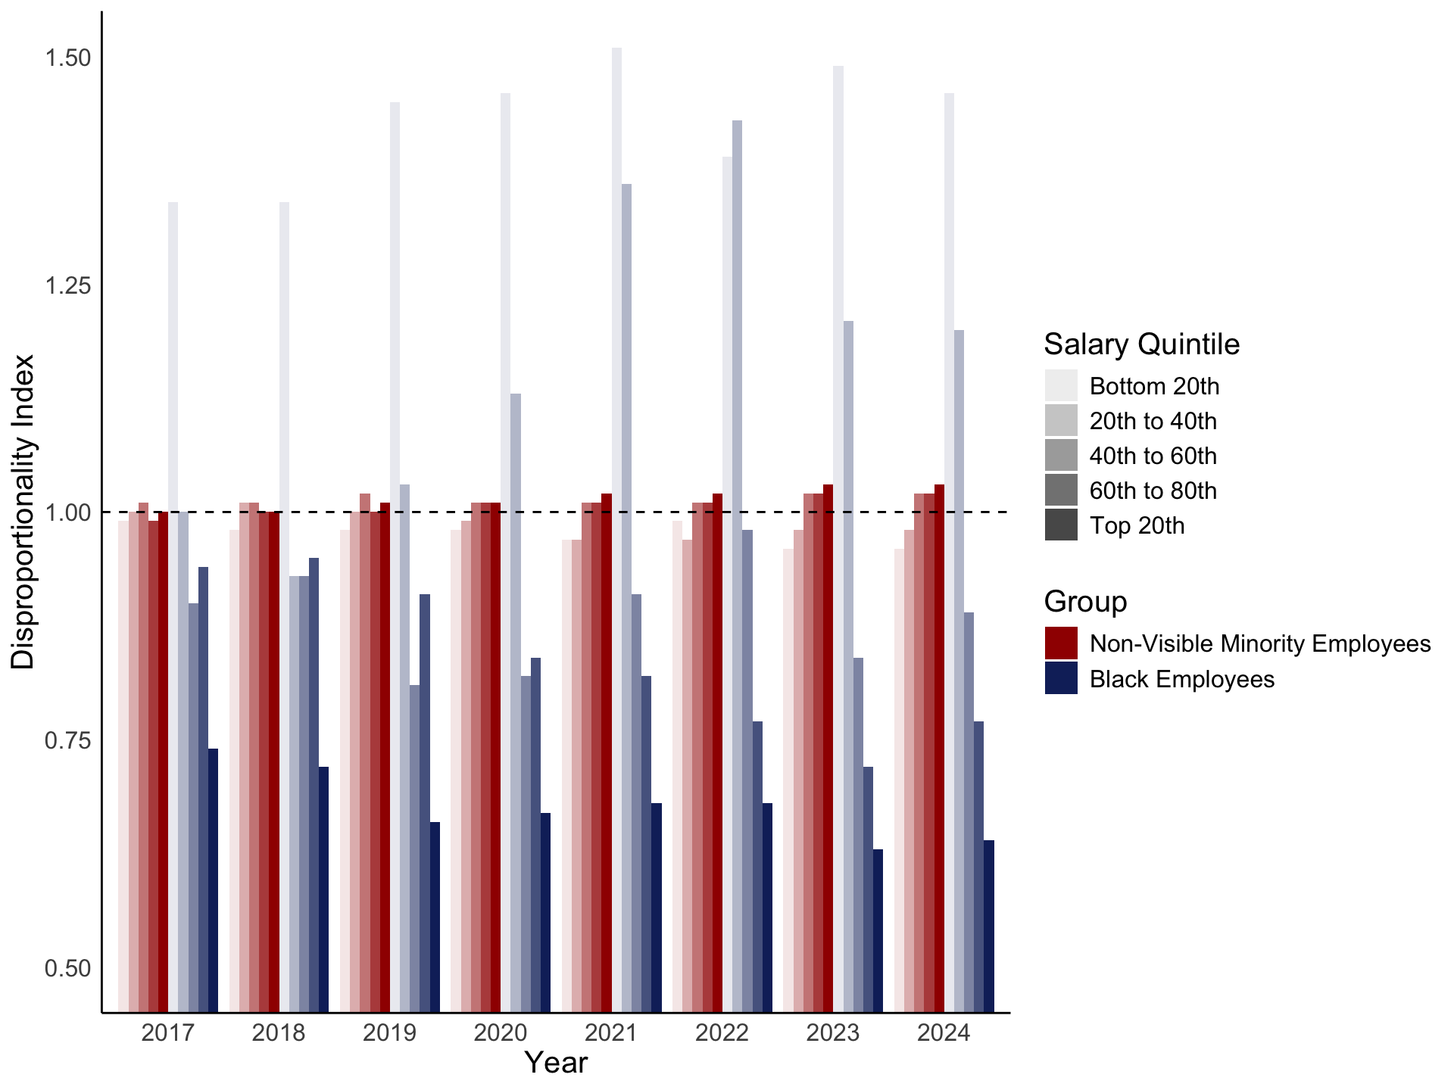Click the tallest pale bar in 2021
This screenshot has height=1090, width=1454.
coord(617,530)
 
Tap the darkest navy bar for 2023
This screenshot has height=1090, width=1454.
coord(878,930)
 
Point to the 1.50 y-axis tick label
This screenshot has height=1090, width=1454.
coord(68,58)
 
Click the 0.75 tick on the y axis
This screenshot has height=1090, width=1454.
coord(68,740)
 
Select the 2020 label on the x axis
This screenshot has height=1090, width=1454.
coord(500,1033)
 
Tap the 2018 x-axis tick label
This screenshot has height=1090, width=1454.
coord(279,1033)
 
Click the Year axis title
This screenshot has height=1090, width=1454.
coord(556,1064)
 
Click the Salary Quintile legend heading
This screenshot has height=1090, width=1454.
coord(1141,344)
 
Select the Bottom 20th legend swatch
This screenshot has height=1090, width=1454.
coord(1061,386)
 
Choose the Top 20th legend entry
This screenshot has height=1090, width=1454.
coord(1136,526)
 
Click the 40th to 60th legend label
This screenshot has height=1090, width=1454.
coord(1153,456)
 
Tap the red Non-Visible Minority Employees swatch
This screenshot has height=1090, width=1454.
coord(1061,643)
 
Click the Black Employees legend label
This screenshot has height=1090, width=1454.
coord(1181,679)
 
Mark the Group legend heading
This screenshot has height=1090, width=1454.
coord(1085,602)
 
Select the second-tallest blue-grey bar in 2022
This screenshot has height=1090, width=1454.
coord(727,583)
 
